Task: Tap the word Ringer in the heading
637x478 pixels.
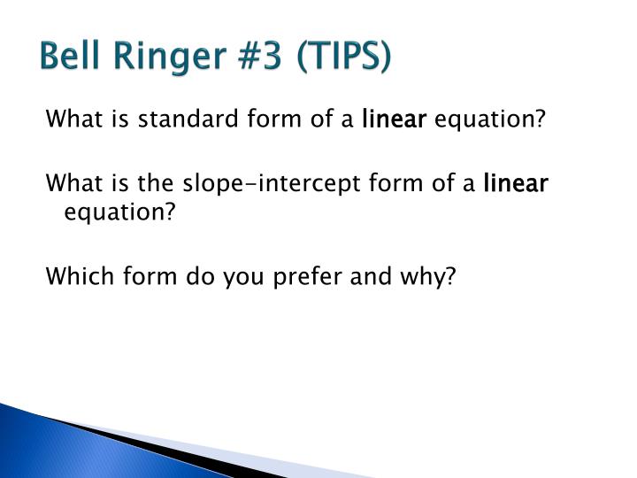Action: [170, 59]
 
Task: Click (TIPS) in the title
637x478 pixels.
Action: [343, 57]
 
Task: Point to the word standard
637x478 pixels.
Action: [188, 119]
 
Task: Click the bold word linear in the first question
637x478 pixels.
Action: [394, 119]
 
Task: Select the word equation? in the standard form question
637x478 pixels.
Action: [489, 120]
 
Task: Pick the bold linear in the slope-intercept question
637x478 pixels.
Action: [516, 183]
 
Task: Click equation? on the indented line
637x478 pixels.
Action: [119, 213]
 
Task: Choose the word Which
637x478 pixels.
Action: [80, 275]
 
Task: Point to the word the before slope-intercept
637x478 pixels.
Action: [156, 183]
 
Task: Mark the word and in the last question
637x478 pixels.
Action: [371, 275]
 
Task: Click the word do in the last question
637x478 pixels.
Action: [200, 275]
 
